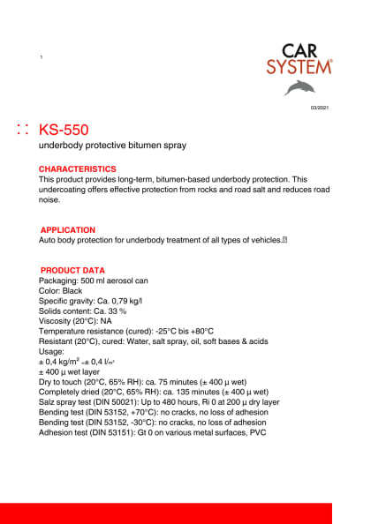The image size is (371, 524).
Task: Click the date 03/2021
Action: (319, 107)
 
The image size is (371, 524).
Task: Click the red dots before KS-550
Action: (23, 130)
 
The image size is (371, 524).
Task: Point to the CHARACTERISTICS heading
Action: (77, 168)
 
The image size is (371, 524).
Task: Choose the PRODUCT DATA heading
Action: (73, 270)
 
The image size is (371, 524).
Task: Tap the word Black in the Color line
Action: (72, 290)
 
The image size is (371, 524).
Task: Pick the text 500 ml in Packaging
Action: (92, 280)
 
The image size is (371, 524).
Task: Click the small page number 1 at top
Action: (42, 57)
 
